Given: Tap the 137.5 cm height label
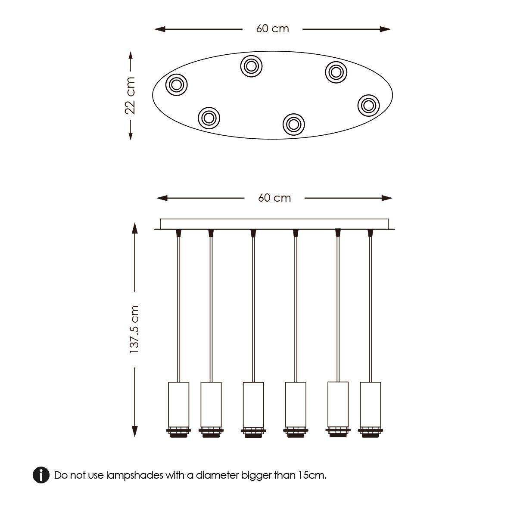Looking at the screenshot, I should click(135, 330).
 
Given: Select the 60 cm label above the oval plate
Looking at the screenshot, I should click(272, 29).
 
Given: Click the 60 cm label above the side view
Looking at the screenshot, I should click(274, 198).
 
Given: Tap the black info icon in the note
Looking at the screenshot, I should click(41, 475).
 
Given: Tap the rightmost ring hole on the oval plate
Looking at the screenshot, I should click(369, 105).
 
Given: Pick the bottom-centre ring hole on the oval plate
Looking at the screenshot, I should click(293, 124).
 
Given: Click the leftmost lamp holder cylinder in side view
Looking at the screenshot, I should click(178, 404).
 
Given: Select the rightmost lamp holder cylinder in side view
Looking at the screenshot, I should click(370, 404).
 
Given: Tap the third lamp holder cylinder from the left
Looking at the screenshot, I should click(253, 405).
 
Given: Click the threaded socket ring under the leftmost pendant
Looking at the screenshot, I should click(178, 432).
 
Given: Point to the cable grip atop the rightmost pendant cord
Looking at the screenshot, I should click(370, 233).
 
